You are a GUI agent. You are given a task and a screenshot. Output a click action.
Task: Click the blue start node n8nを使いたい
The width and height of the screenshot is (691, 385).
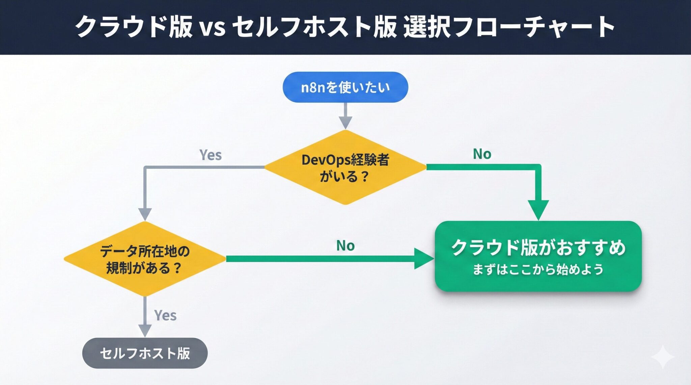click(x=345, y=87)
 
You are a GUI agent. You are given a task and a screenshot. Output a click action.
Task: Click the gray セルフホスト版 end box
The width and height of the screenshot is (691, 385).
click(x=145, y=353)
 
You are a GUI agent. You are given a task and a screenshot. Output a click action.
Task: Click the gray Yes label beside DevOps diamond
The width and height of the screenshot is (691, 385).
click(x=211, y=155)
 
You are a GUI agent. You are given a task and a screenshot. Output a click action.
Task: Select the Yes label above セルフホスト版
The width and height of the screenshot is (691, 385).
click(x=165, y=315)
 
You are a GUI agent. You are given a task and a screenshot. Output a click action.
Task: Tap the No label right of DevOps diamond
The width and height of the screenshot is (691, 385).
click(x=482, y=154)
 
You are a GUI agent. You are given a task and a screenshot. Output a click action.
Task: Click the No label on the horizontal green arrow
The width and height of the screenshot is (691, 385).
click(x=345, y=246)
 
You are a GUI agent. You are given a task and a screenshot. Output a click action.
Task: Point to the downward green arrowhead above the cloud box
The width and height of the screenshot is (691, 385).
click(x=538, y=209)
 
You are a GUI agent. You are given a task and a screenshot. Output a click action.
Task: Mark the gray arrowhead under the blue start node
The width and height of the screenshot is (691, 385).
click(x=345, y=122)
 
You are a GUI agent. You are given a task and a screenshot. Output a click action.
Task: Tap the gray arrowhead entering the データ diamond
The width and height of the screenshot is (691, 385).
click(x=145, y=214)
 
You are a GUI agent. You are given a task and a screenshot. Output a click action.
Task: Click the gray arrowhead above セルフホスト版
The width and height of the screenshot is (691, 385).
click(x=145, y=330)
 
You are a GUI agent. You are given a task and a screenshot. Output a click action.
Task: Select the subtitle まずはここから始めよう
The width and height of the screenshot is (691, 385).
click(x=538, y=269)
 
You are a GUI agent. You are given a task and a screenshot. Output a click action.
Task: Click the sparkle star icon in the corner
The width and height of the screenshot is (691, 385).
click(x=663, y=357)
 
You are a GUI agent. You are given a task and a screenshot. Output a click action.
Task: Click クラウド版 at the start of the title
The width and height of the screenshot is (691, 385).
click(x=133, y=27)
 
